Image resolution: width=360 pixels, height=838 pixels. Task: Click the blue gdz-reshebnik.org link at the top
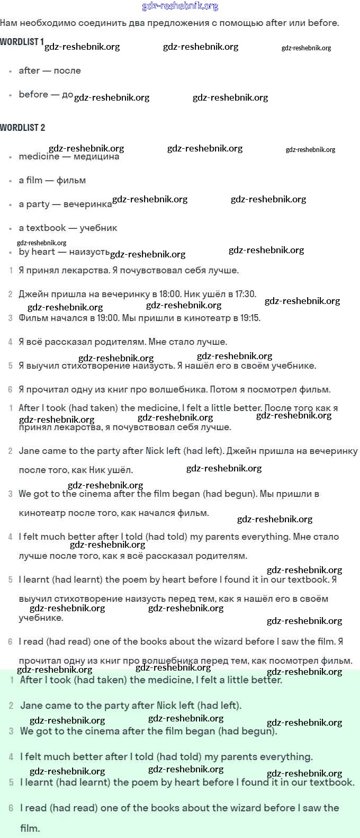(180, 6)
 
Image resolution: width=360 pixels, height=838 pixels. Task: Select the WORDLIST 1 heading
(22, 42)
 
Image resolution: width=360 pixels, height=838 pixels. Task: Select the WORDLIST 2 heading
(23, 128)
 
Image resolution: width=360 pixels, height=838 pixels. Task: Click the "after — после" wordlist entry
(50, 70)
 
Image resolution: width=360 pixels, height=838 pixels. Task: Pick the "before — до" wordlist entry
(46, 94)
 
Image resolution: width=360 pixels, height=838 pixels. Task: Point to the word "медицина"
(96, 156)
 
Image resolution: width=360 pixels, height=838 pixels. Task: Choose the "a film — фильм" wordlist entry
(52, 180)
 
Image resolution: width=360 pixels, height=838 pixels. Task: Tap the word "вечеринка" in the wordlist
(87, 204)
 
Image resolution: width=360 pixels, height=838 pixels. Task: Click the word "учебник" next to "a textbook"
(98, 228)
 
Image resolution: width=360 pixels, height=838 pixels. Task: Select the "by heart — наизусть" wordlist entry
(64, 252)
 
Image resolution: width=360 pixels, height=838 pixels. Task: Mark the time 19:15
(249, 318)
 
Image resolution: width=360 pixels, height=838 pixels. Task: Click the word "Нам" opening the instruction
(8, 23)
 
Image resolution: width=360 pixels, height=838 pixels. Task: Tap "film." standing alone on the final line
(30, 828)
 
